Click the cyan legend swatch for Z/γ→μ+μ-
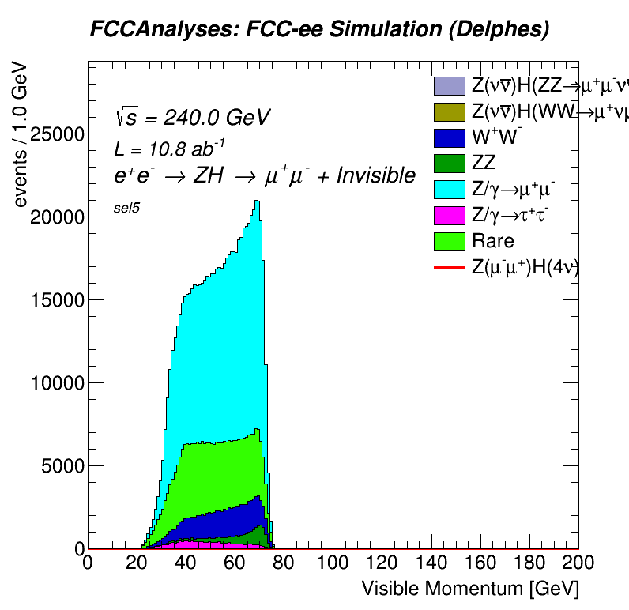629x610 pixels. [x=449, y=189]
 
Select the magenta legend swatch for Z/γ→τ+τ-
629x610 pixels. [x=449, y=215]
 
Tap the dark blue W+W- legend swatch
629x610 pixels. [x=449, y=137]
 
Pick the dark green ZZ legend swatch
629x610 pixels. [x=449, y=163]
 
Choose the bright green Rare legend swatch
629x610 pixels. [x=449, y=240]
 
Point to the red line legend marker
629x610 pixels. [x=449, y=269]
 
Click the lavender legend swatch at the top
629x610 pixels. [x=449, y=85]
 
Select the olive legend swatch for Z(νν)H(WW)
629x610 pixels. [x=449, y=111]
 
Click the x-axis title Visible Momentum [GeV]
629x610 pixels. [x=470, y=589]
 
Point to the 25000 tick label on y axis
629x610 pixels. [x=56, y=134]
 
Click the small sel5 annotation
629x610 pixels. [x=126, y=211]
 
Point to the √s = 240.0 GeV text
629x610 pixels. [x=192, y=118]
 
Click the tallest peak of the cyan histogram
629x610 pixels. [x=257, y=202]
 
